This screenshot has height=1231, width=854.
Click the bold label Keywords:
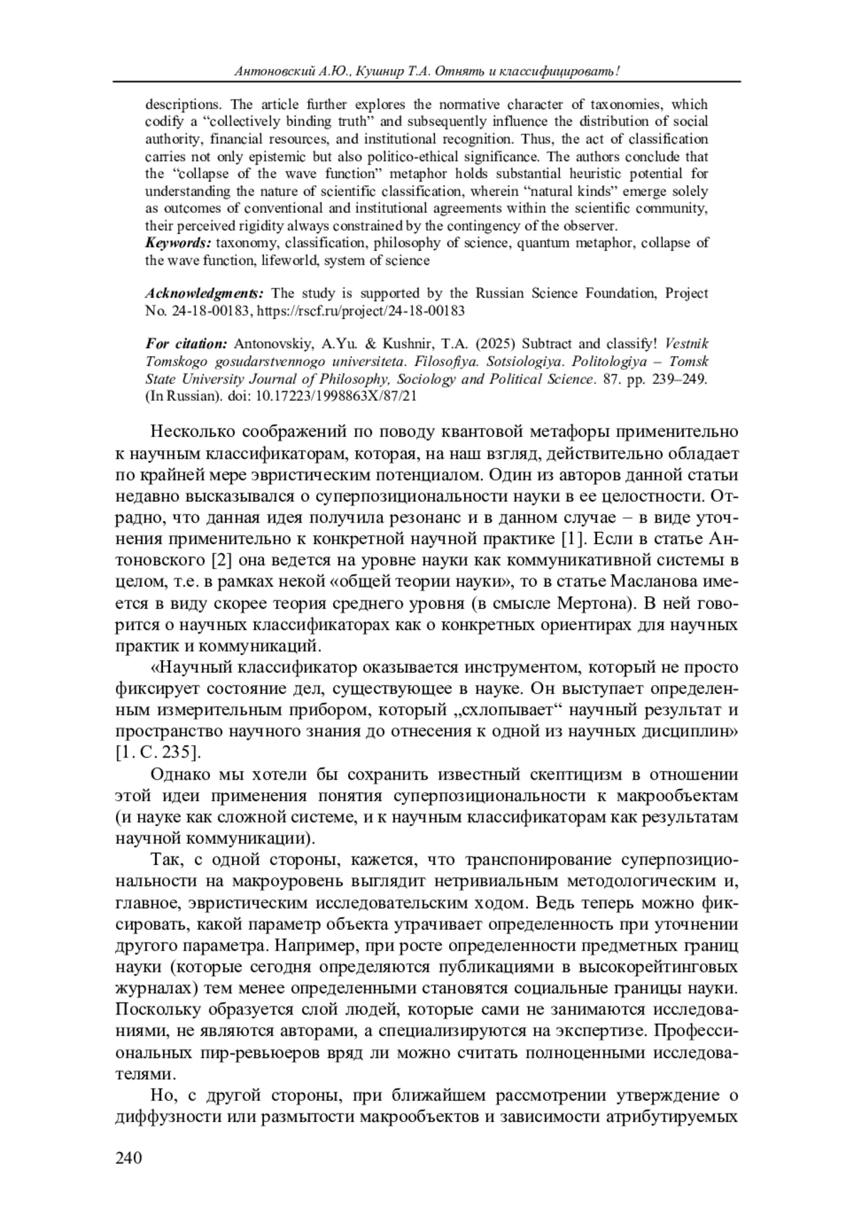point(179,243)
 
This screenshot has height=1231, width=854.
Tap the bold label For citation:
point(186,345)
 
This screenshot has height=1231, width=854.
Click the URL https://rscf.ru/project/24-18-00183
point(360,311)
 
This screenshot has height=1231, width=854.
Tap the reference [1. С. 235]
point(158,753)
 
